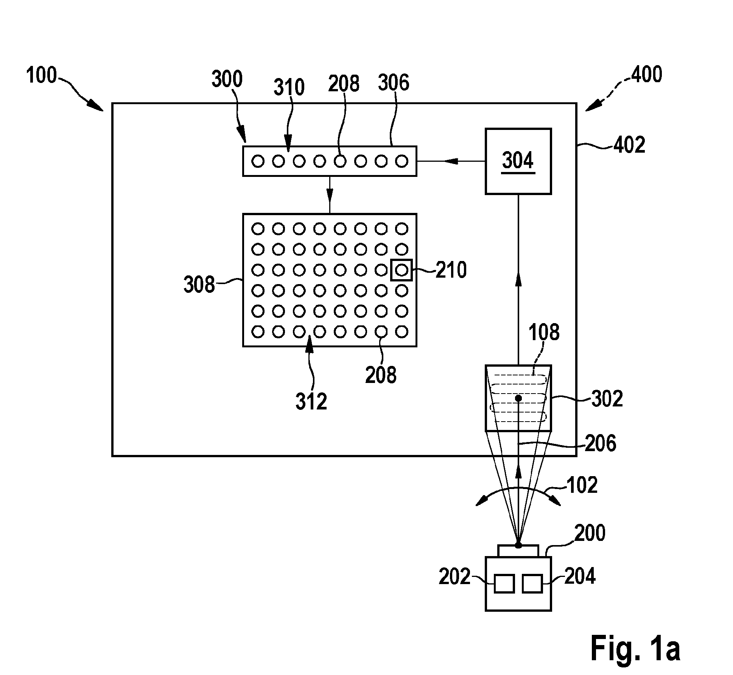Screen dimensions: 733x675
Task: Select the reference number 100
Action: [x=41, y=75]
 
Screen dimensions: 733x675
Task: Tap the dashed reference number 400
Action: [x=647, y=75]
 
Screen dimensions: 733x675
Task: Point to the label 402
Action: [x=629, y=145]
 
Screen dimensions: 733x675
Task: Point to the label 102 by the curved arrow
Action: [x=582, y=485]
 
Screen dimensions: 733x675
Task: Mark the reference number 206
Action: [x=601, y=443]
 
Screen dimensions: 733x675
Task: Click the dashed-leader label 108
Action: [x=544, y=333]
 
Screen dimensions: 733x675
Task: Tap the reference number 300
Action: [x=227, y=79]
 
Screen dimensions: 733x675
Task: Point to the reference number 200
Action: [x=590, y=533]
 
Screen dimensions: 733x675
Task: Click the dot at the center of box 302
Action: [x=518, y=398]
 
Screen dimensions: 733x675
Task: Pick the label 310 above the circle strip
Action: [x=289, y=87]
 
